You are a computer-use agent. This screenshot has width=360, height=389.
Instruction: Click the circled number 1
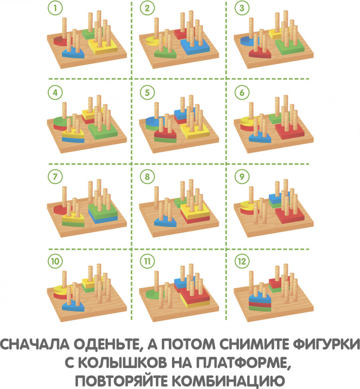pyautogui.click(x=55, y=8)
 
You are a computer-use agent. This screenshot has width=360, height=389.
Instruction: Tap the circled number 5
pyautogui.click(x=147, y=93)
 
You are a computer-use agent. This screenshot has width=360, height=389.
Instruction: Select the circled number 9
pyautogui.click(x=242, y=177)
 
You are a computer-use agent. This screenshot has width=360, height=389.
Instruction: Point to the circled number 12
pyautogui.click(x=242, y=261)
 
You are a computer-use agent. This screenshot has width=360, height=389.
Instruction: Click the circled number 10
pyautogui.click(x=55, y=261)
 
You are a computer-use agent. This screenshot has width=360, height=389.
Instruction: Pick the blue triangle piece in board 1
pyautogui.click(x=73, y=53)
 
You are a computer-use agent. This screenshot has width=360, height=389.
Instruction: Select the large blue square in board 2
pyautogui.click(x=195, y=47)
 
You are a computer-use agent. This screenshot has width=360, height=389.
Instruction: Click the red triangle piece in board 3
pyautogui.click(x=260, y=53)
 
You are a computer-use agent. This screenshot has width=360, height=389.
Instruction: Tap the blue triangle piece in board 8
pyautogui.click(x=165, y=221)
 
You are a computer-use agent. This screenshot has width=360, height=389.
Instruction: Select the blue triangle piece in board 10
pyautogui.click(x=73, y=306)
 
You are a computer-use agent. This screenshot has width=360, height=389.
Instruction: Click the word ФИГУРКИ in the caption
pyautogui.click(x=327, y=345)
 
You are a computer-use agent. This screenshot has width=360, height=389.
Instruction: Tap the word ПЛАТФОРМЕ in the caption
pyautogui.click(x=243, y=363)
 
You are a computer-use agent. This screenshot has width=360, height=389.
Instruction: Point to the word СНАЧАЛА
pyautogui.click(x=35, y=344)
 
